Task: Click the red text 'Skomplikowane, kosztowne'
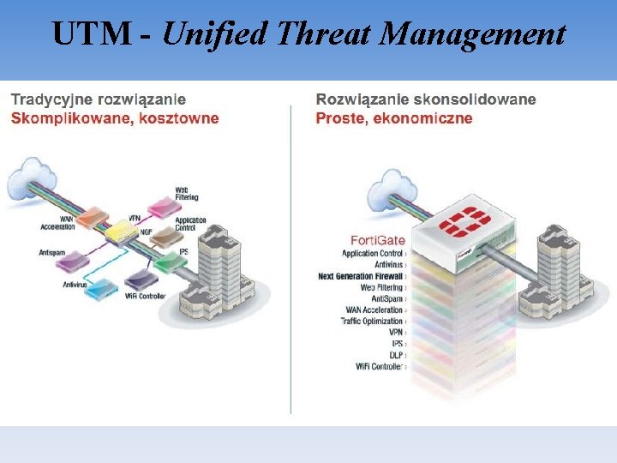(115, 117)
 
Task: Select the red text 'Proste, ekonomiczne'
(394, 117)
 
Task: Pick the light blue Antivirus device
(100, 288)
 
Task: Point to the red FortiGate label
(378, 239)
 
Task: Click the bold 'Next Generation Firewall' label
(360, 276)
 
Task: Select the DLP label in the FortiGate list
(395, 354)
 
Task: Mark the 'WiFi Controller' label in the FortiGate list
(379, 366)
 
